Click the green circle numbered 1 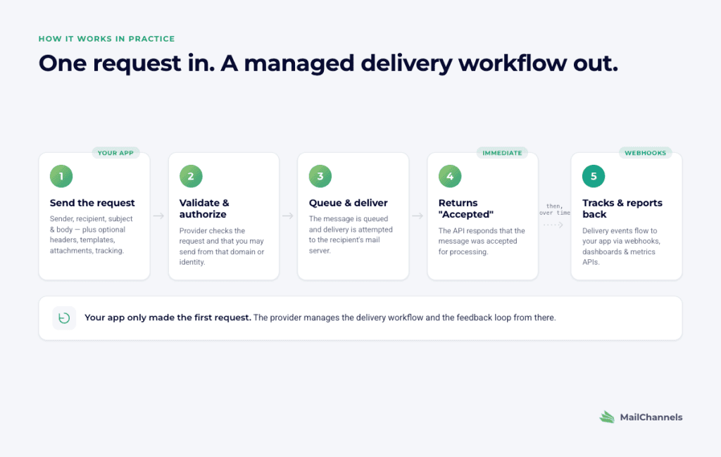61,176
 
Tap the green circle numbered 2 191,176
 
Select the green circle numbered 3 320,176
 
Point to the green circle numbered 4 450,176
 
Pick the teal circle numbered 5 594,176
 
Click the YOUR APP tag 115,153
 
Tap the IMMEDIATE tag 502,153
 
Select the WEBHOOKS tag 645,153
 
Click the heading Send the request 92,203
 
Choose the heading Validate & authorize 204,208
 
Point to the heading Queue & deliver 348,203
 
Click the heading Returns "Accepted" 466,208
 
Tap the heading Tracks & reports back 622,208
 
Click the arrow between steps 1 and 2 158,215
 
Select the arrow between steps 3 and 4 418,215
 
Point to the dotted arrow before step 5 553,225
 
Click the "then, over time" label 555,210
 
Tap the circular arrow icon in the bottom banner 64,318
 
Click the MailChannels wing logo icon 607,417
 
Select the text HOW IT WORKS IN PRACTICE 107,39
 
